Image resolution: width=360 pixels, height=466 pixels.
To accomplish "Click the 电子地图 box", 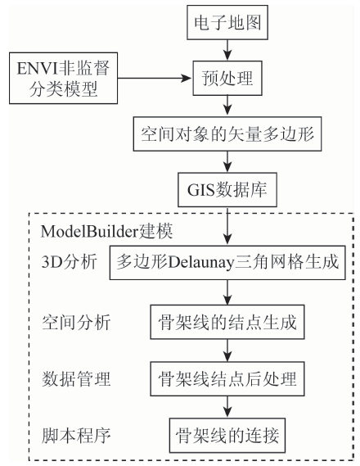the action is coord(227,22).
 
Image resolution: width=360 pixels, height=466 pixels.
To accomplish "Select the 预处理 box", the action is coord(227,78).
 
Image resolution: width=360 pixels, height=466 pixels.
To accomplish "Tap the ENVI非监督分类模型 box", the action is coord(63,78).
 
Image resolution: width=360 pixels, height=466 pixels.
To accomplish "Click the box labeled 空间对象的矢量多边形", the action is coord(227,133).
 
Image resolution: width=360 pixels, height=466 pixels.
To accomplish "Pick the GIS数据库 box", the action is coord(227,190).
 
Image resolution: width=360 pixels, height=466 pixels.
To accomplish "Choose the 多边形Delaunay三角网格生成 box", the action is coord(227,262).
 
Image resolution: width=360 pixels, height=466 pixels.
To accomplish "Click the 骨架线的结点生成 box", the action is coord(227,322).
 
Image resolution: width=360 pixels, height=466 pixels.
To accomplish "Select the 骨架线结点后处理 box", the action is coord(227,378).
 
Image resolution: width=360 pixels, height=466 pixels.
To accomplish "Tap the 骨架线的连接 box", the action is coord(227,436).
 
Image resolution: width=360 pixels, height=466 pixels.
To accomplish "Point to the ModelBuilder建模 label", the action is coord(106,232).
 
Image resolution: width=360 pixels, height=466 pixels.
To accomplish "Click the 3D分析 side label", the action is coord(70,262).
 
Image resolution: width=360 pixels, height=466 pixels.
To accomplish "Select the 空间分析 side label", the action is coord(76,322).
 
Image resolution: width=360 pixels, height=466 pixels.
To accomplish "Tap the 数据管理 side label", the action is coord(76,378).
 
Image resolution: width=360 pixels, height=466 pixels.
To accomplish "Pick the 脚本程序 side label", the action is coord(76,436).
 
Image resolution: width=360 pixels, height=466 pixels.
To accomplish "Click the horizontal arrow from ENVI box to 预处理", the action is coord(155,78).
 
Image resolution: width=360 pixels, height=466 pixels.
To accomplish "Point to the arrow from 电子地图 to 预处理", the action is coord(227,50).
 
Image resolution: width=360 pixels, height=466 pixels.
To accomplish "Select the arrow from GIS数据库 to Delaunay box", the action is coord(227,226).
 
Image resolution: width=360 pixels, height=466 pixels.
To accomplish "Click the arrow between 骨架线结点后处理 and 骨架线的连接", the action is coord(227,407).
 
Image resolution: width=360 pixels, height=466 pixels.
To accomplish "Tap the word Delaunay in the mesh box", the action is coord(201,263).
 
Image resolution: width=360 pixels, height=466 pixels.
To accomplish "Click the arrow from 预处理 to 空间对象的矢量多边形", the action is coord(227,106).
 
